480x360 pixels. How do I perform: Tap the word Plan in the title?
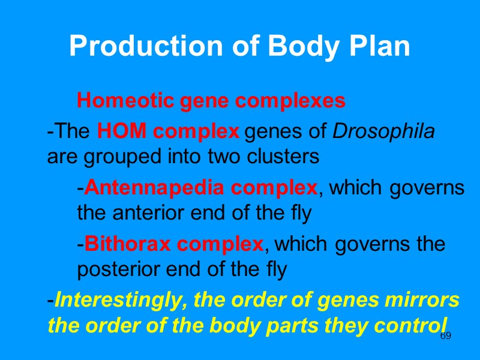(x=380, y=47)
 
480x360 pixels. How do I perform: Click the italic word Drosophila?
(x=383, y=131)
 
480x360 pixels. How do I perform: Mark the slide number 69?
(x=446, y=337)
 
